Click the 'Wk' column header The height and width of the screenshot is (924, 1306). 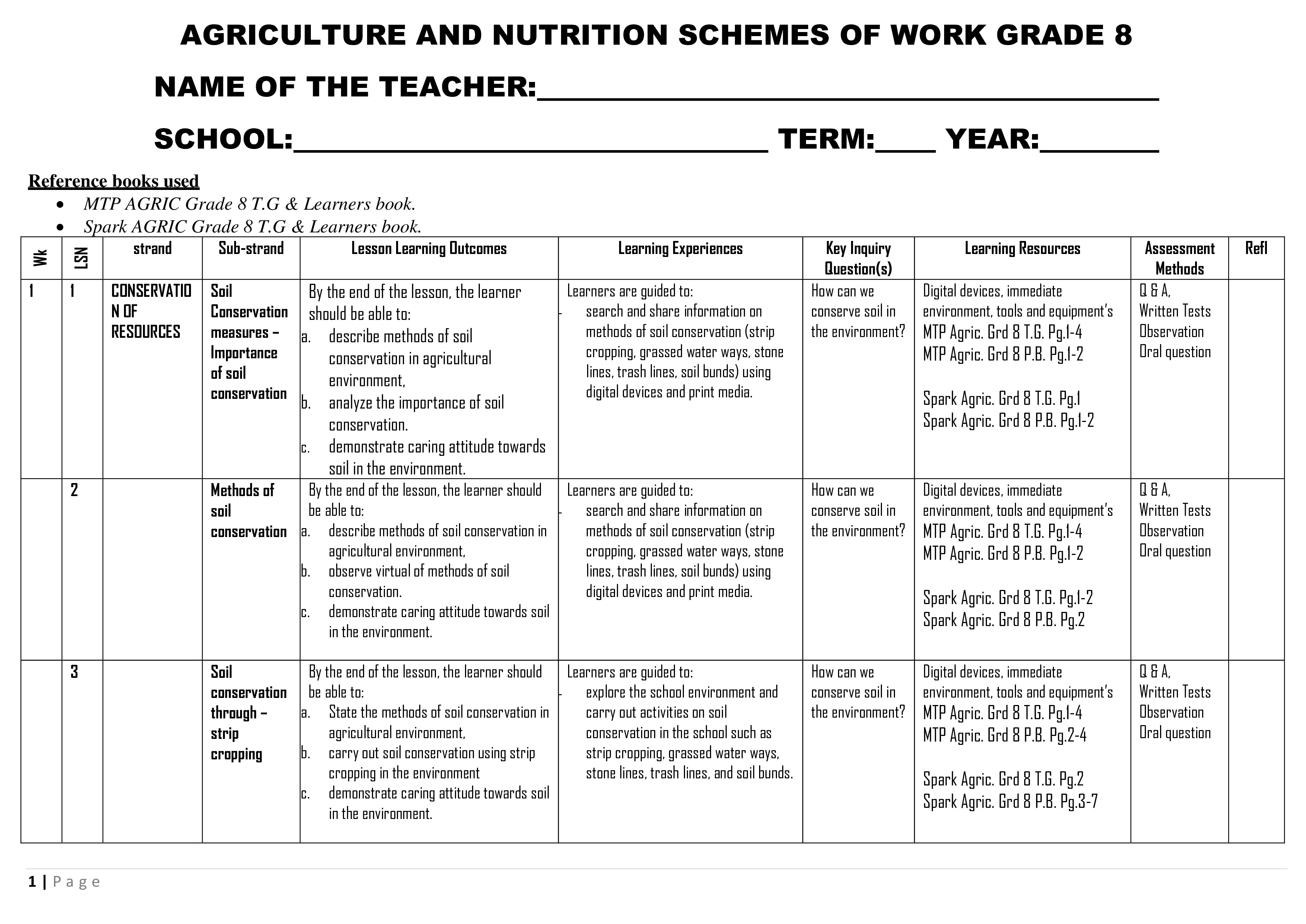point(40,258)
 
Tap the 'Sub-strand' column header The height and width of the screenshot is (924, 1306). point(251,249)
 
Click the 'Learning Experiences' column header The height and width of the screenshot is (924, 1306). point(680,249)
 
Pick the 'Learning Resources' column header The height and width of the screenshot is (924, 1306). point(1022,249)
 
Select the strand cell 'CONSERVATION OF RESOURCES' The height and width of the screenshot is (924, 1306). point(151,311)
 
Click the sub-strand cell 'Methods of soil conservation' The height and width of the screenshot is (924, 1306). point(249,511)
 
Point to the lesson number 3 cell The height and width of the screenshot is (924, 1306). point(74,672)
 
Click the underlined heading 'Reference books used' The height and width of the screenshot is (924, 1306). point(114,181)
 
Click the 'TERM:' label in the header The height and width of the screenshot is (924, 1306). point(826,139)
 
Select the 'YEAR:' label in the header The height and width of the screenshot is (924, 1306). point(992,139)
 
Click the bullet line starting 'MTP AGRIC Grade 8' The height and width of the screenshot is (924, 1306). point(249,204)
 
